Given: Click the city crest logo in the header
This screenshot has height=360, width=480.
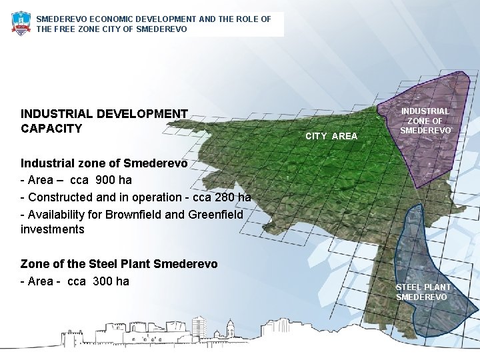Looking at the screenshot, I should point(21,23).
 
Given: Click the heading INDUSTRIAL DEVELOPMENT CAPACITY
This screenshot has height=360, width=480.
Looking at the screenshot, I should point(104,121).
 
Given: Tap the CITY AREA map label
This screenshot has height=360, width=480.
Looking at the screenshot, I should point(331,136).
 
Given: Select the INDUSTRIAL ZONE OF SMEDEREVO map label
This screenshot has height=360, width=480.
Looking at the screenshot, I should point(425,121).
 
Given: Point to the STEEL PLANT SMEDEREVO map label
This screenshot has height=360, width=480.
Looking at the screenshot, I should point(423,292).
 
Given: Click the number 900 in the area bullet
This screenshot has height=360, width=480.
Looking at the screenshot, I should point(105,180).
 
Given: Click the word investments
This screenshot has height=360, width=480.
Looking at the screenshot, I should point(53,230).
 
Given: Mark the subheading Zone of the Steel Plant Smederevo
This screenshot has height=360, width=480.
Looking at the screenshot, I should point(119,264).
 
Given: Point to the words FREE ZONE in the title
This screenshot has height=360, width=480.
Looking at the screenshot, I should point(75,29).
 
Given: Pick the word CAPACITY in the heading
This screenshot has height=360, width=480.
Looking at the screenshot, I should point(51,129).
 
